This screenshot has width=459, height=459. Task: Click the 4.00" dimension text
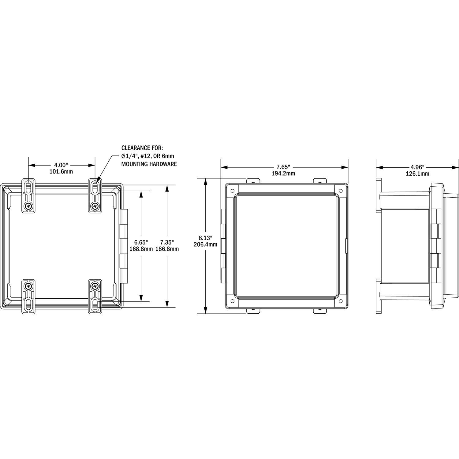pos(61,165)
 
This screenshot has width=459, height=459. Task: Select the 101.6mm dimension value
pos(61,172)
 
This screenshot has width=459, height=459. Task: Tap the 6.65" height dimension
pos(141,242)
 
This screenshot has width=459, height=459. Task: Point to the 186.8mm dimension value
pos(167,249)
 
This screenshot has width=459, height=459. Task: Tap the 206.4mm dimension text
pos(206,244)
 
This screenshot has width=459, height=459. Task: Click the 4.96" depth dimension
pos(418,167)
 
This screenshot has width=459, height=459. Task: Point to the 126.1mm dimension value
pos(418,174)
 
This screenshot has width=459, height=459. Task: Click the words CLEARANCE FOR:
pos(142,148)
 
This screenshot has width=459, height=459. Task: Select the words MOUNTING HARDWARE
pos(149,164)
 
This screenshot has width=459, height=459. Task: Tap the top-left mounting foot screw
pos(28,206)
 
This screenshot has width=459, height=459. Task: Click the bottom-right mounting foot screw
pos(95,286)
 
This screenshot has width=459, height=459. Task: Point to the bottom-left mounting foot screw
pos(28,286)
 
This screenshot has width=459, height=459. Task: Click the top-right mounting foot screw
pos(95,206)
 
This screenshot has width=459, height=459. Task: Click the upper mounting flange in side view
pos(379,195)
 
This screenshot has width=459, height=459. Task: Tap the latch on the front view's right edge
pos(346,246)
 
